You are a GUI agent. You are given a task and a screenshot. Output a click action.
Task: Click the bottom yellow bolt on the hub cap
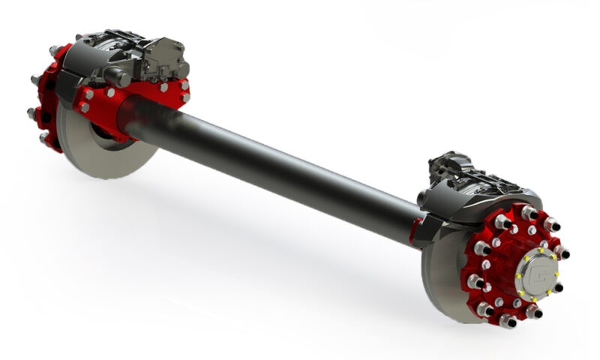(x=533, y=298)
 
